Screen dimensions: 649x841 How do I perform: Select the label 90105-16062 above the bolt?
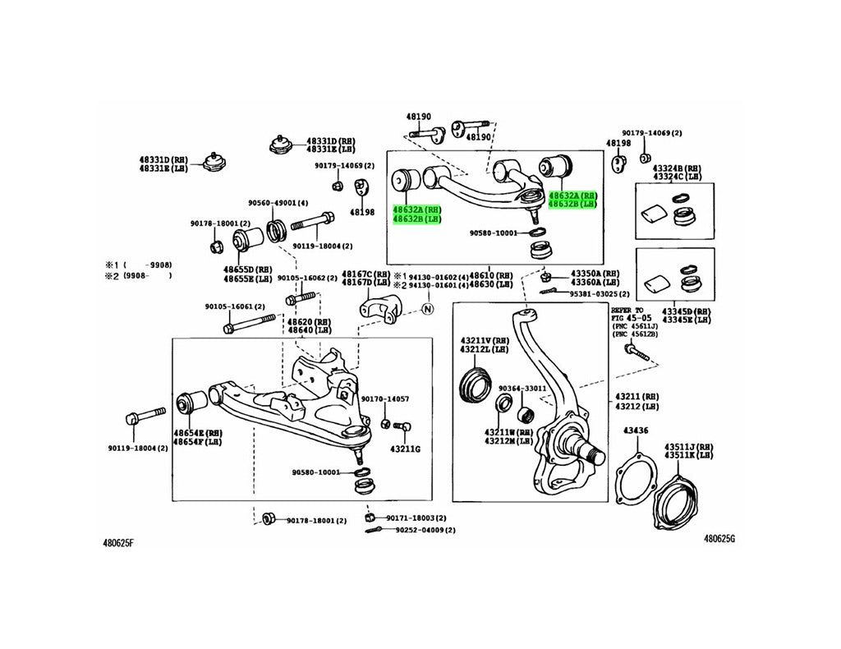(x=307, y=278)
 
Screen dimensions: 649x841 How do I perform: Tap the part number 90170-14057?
(x=385, y=398)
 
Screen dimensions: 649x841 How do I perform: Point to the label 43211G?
(x=405, y=449)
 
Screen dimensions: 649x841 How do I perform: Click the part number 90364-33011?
(x=522, y=389)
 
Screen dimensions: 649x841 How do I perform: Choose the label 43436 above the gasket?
(x=636, y=430)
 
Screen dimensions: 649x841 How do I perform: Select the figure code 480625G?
(x=719, y=539)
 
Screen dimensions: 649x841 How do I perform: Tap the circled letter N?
(x=427, y=309)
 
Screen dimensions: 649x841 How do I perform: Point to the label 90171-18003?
(x=417, y=518)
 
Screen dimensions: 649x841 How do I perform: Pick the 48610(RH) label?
(x=490, y=274)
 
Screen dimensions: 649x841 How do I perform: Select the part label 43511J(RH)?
(x=689, y=447)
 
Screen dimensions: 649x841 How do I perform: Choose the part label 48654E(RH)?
(x=198, y=432)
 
